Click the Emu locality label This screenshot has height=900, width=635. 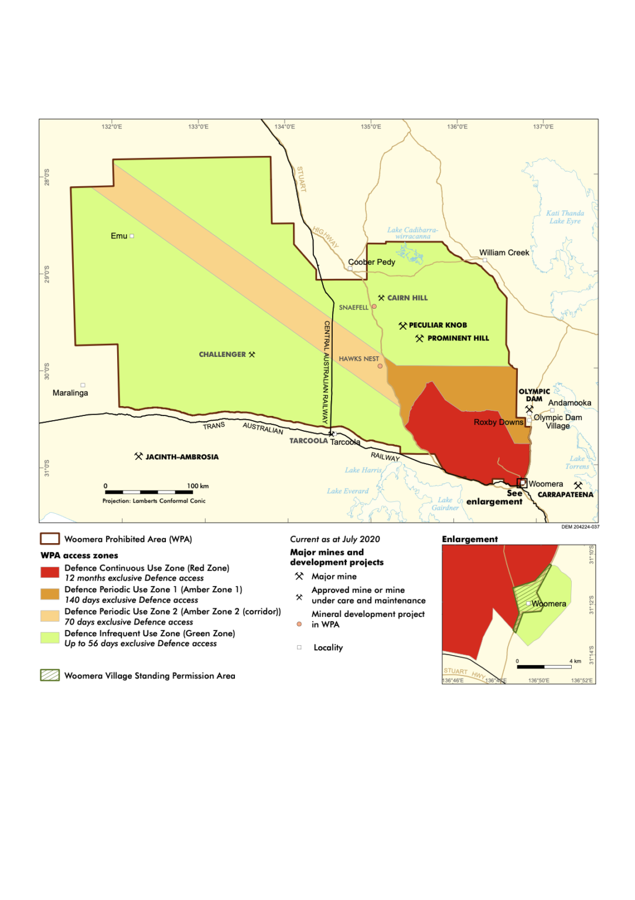coord(119,236)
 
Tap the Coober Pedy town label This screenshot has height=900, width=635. coord(371,262)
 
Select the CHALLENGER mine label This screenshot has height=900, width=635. coord(223,354)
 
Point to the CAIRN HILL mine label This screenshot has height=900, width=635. coord(407,298)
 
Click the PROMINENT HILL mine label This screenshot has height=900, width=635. coord(458,339)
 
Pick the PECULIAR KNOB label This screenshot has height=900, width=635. coord(438,325)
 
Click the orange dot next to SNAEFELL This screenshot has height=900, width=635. coord(374,306)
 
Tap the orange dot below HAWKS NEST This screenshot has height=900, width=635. coord(380,366)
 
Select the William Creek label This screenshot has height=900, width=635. coord(504,253)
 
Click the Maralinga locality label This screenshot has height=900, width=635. coord(70,393)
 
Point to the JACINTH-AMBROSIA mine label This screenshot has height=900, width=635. coord(182,457)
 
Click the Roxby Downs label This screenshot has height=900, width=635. coord(498,422)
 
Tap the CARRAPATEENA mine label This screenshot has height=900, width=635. coord(565,495)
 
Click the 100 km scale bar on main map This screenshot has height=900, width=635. coord(149,492)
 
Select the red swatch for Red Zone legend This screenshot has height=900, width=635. coord(50,572)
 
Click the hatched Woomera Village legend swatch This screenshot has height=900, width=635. coord(50,676)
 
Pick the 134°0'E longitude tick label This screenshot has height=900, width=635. coord(285,127)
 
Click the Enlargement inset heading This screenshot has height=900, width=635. coord(470,539)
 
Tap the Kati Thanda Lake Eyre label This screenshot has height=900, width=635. coord(565,217)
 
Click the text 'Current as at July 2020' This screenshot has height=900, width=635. coord(334,539)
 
